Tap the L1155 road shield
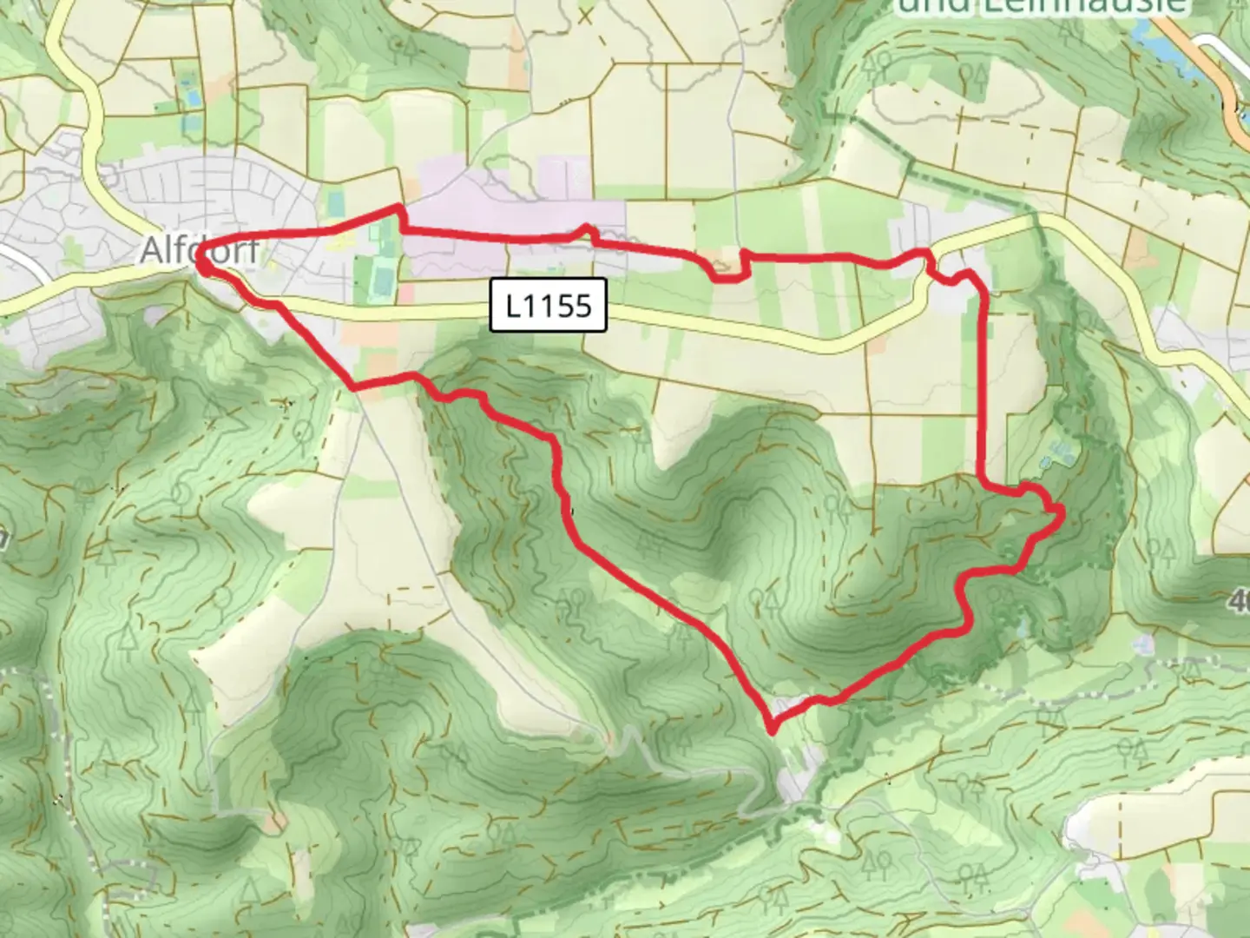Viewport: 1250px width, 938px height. (x=549, y=306)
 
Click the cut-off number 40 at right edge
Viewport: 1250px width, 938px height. (x=1240, y=600)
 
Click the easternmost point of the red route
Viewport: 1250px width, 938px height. (x=1061, y=514)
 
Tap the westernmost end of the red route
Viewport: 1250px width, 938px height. (x=201, y=258)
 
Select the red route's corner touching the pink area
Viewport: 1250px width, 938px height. (x=400, y=208)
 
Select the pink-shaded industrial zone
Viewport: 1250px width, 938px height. (x=512, y=213)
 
